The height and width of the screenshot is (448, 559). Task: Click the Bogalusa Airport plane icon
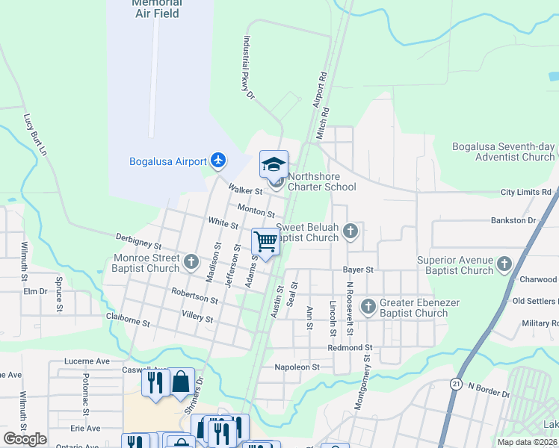coord(218,161)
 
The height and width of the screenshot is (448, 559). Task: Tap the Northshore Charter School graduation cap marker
coord(274,164)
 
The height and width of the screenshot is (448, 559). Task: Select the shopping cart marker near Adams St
coord(265,241)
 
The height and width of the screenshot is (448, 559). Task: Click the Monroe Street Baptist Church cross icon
coord(192,262)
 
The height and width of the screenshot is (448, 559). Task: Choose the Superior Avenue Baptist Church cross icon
coord(504,264)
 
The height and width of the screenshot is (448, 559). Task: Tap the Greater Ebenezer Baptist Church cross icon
coord(368,306)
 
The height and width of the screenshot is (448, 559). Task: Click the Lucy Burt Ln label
coord(35,135)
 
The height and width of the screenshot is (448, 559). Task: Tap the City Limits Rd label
coord(525,193)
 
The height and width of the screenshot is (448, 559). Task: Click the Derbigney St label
coord(139,240)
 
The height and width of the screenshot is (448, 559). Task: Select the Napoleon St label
coord(297,367)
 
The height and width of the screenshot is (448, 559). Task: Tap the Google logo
coord(25,439)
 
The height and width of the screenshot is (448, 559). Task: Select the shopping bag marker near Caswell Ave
coord(182,382)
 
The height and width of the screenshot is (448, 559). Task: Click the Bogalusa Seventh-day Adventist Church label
coord(504,152)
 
